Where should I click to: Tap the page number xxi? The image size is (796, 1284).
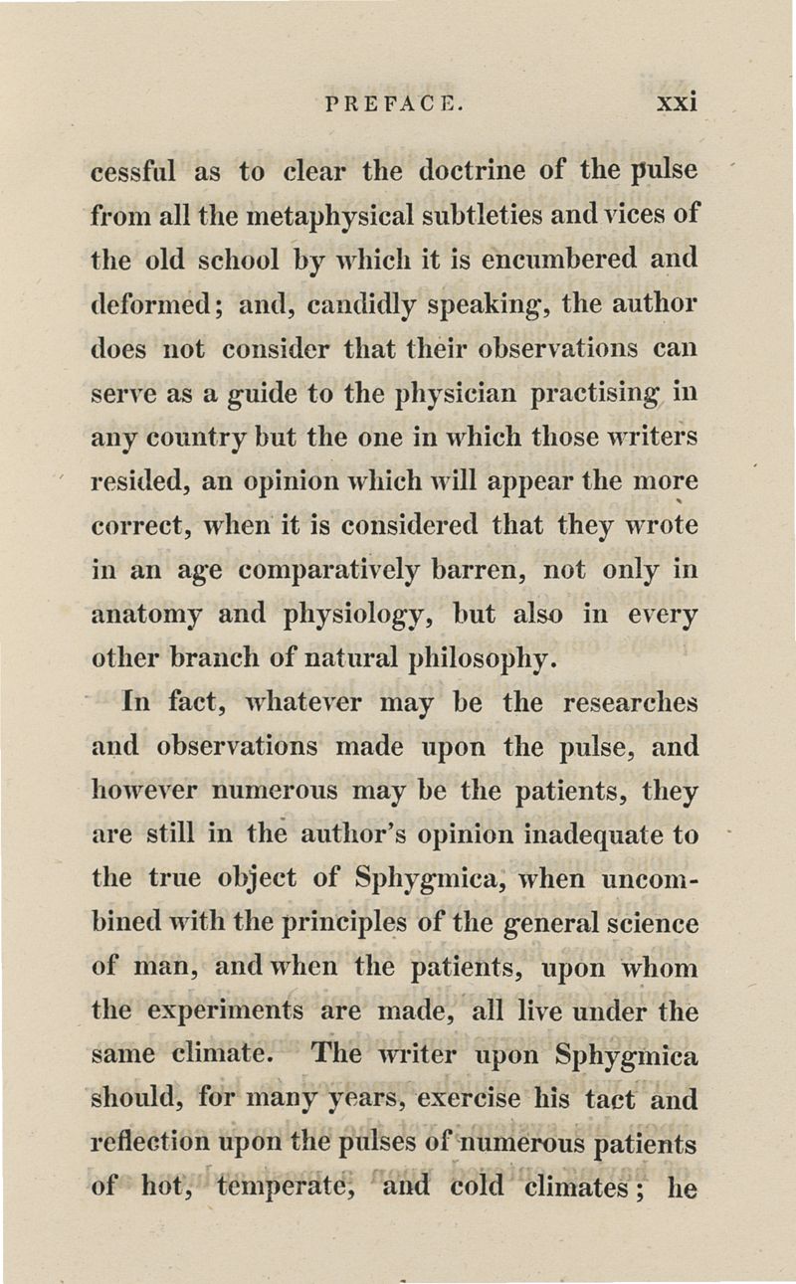click(x=674, y=102)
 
